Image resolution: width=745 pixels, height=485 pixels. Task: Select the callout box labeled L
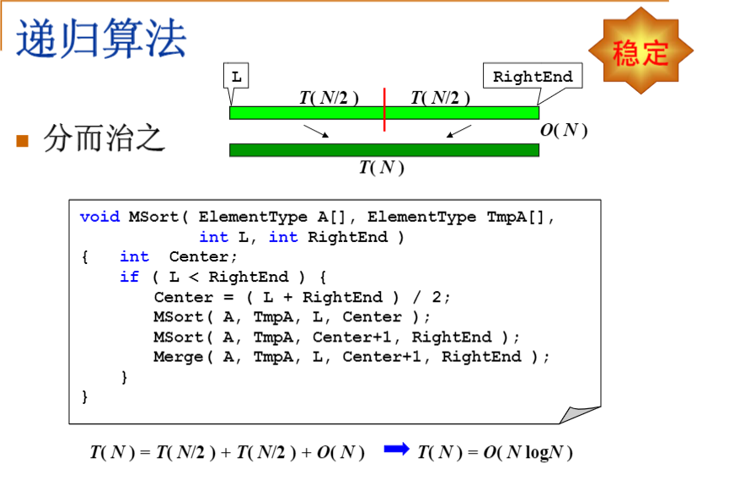236,77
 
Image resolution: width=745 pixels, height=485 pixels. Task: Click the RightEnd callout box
533,77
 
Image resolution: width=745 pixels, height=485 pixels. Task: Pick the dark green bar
383,150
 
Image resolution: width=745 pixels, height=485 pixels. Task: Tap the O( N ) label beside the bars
563,130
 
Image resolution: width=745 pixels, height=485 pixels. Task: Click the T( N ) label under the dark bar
382,167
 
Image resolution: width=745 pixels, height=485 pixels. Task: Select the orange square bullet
23,140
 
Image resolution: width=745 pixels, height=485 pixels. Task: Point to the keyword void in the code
99,217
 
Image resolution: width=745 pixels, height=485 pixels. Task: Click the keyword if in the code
129,277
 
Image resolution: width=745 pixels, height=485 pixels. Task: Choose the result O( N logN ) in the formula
528,453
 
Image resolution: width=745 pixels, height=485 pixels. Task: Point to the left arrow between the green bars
315,132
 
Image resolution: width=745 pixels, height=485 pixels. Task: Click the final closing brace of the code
84,396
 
